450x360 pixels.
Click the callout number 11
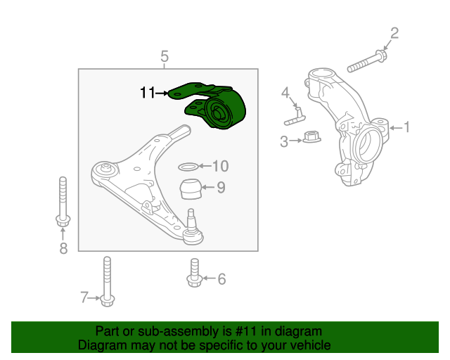[x=148, y=93]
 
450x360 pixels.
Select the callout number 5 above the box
[x=164, y=56]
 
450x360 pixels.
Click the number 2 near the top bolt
[x=394, y=33]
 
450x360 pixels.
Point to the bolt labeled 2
[x=367, y=61]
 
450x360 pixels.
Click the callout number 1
[x=406, y=127]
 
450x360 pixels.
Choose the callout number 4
[x=285, y=93]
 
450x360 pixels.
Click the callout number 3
[x=284, y=141]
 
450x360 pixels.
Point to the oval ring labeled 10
[x=188, y=166]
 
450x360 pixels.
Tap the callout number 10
[x=220, y=166]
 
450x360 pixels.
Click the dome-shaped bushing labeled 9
[x=191, y=188]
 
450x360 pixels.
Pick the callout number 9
[x=221, y=188]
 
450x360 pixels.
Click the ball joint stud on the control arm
[x=191, y=218]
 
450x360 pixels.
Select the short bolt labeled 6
[x=195, y=273]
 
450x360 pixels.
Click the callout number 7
[x=84, y=297]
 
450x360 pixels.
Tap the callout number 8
[x=63, y=248]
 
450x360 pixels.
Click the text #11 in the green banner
[x=245, y=332]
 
